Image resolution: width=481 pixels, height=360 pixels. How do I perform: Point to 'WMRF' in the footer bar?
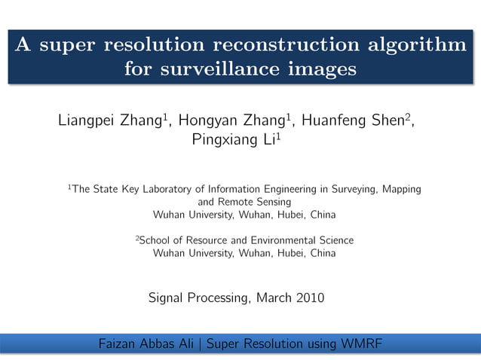[362, 345]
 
